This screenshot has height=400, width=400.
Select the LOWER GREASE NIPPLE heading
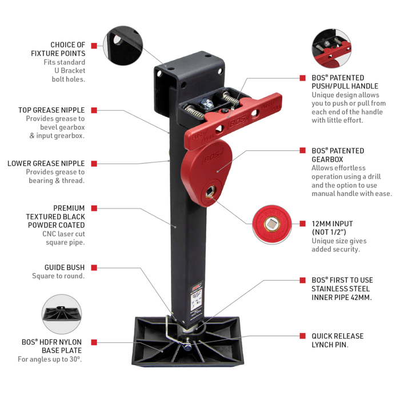[x=46, y=163]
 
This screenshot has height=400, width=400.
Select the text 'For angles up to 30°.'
[x=50, y=359]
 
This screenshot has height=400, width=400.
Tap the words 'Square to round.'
[x=58, y=277]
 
